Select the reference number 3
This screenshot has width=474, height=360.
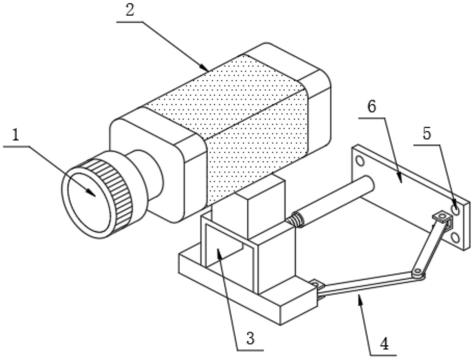[250, 338]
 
